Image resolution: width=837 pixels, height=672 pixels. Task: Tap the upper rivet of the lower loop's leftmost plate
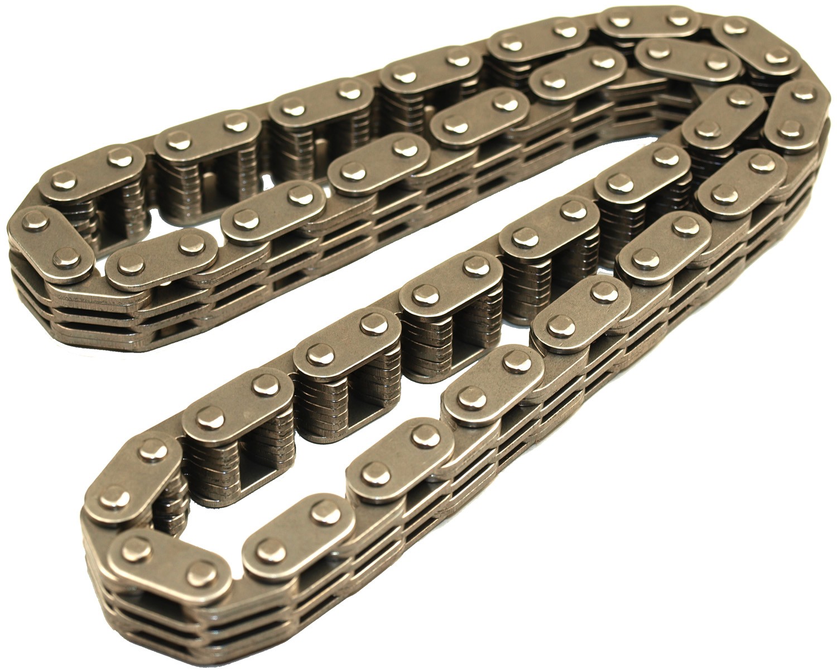[x=153, y=451]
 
